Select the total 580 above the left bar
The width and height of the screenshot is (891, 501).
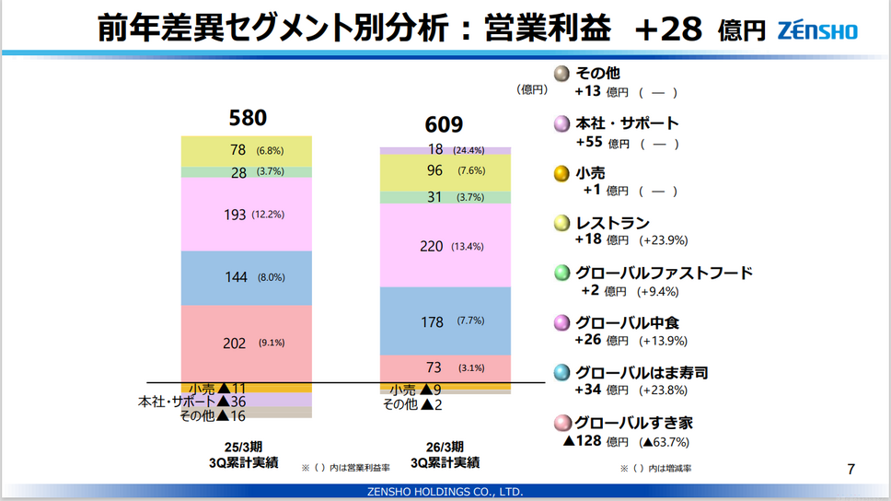248,118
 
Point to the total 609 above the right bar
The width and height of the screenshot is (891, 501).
444,125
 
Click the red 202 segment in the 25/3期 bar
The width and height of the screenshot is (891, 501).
247,343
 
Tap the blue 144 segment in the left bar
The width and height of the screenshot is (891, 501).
247,276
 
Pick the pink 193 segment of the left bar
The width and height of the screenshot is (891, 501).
247,214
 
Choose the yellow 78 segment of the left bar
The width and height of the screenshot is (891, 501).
247,150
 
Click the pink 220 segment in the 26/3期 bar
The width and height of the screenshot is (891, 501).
445,245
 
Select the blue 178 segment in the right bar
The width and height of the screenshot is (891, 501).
445,320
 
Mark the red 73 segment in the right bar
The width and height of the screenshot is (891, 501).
445,367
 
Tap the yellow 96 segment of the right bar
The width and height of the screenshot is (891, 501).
445,171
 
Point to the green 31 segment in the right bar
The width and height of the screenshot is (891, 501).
445,197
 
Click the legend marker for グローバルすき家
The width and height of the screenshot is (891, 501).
561,423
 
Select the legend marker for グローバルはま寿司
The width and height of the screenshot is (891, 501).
561,373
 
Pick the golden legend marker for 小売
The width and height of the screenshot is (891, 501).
561,173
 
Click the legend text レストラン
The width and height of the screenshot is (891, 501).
612,223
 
